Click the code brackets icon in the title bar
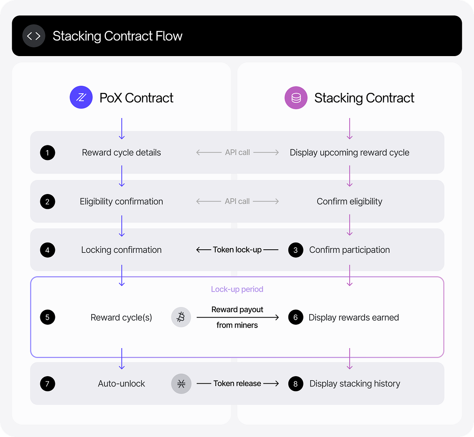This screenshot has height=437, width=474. point(34,36)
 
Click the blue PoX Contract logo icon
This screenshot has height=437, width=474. point(81,98)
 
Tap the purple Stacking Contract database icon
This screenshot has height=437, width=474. point(296,98)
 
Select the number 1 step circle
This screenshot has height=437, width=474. point(47,153)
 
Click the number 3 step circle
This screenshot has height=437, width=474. point(295,250)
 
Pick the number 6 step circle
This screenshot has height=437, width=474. point(295,317)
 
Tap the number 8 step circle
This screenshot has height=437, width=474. point(295,384)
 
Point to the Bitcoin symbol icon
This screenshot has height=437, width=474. point(181,317)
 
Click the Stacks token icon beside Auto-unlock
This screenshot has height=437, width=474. point(181,384)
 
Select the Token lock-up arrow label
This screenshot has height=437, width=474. point(237,250)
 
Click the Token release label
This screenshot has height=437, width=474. point(237,383)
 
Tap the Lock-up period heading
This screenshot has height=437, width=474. point(237,289)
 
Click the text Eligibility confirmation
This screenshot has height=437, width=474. point(121,202)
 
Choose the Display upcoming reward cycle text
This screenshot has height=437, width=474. point(349,153)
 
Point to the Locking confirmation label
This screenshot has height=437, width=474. point(121,250)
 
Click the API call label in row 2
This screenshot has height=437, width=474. point(237,201)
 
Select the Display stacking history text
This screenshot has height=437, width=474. point(355,384)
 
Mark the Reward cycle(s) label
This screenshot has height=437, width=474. point(121,317)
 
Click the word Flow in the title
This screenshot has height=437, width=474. point(169,36)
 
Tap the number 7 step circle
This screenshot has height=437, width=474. point(47,384)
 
